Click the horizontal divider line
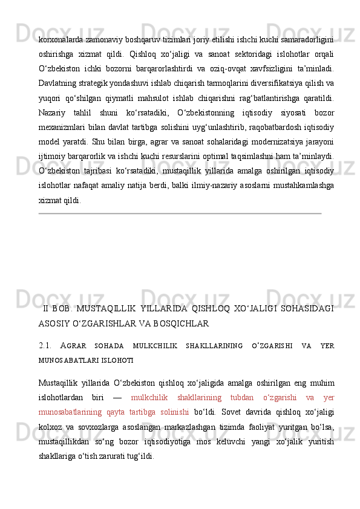pyautogui.click(x=180, y=213)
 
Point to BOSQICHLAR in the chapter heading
pyautogui.click(x=181, y=323)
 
